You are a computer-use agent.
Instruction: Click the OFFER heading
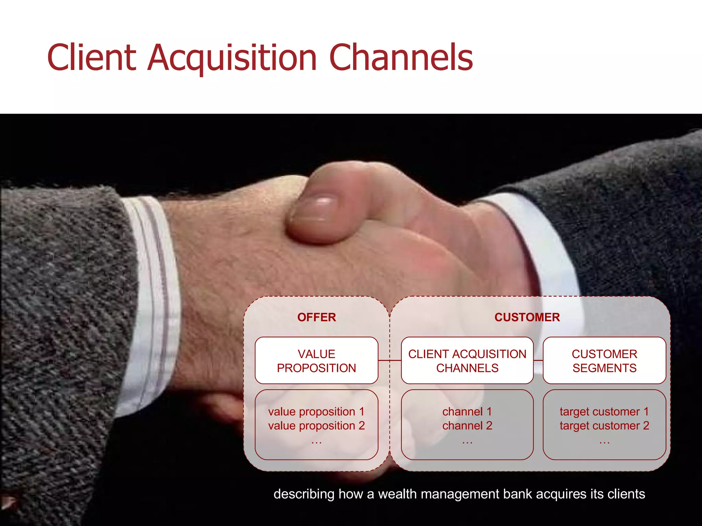(316, 317)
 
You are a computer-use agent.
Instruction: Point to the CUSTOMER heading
(527, 317)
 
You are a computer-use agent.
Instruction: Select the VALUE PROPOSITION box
(316, 361)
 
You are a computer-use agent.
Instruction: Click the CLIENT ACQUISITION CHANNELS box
(467, 361)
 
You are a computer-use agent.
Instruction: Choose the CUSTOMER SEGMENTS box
(604, 361)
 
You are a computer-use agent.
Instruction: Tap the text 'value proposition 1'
(316, 411)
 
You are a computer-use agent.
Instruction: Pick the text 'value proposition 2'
(316, 426)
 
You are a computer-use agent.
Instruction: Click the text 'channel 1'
(467, 411)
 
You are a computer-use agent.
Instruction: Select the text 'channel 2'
(467, 426)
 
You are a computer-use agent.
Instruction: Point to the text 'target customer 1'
(604, 411)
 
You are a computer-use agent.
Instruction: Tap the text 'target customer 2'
(604, 426)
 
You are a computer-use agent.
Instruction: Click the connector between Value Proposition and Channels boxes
(389, 360)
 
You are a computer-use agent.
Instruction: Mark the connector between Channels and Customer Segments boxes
(538, 360)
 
